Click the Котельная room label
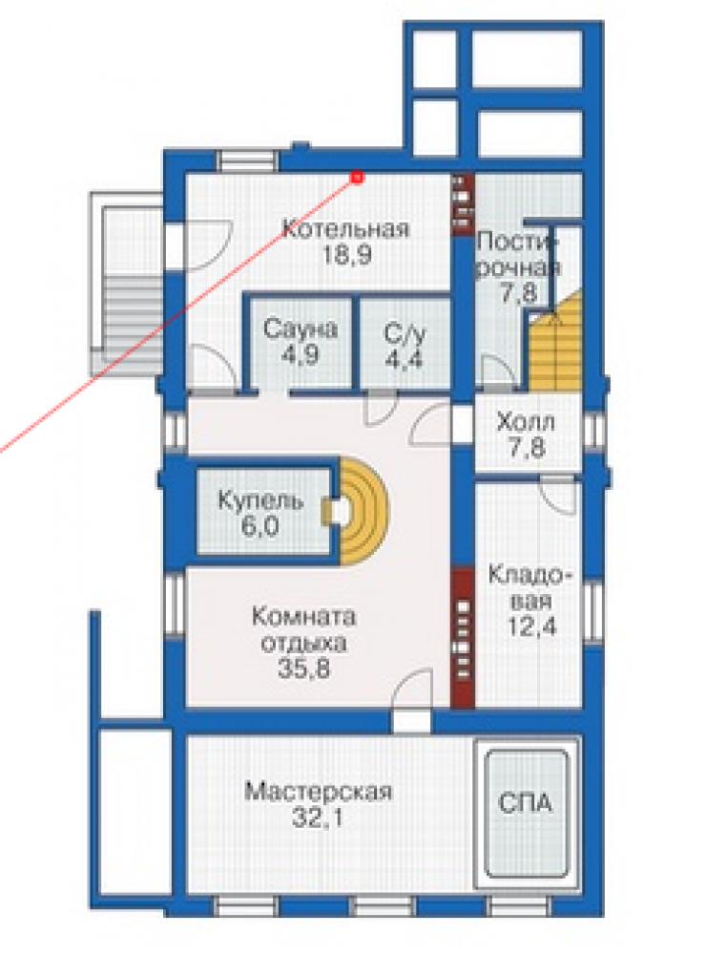[345, 228]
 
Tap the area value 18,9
[346, 255]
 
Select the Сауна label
[301, 329]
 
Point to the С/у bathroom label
[405, 334]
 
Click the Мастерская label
[318, 792]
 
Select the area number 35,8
[303, 668]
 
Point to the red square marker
[358, 179]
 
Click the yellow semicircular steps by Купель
[363, 511]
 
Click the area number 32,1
[318, 818]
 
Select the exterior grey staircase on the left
[128, 284]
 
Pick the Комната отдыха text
[303, 630]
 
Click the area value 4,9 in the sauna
[301, 355]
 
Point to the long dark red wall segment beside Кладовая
[462, 638]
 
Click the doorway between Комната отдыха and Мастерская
[411, 723]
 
